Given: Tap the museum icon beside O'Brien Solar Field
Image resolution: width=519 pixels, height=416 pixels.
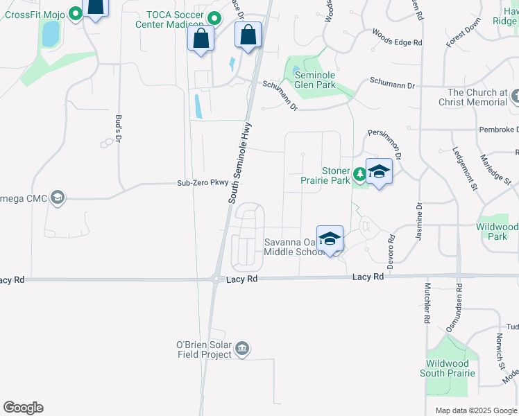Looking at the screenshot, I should tap(242, 348).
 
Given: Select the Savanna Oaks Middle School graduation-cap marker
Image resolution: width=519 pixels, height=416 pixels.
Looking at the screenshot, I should tap(330, 239).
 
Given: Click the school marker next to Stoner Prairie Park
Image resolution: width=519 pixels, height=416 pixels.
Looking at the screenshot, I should tap(379, 171).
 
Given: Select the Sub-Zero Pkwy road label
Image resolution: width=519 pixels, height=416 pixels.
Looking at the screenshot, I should tap(203, 183).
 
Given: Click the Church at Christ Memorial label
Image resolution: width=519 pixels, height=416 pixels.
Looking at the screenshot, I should tap(477, 97).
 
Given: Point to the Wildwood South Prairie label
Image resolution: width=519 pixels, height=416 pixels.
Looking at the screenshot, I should tap(448, 368).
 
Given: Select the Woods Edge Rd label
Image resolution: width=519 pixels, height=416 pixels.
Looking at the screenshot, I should tap(397, 37).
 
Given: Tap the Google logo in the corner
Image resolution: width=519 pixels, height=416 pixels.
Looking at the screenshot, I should tap(23, 408).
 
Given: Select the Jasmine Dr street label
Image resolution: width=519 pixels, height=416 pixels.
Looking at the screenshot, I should tap(419, 222).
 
